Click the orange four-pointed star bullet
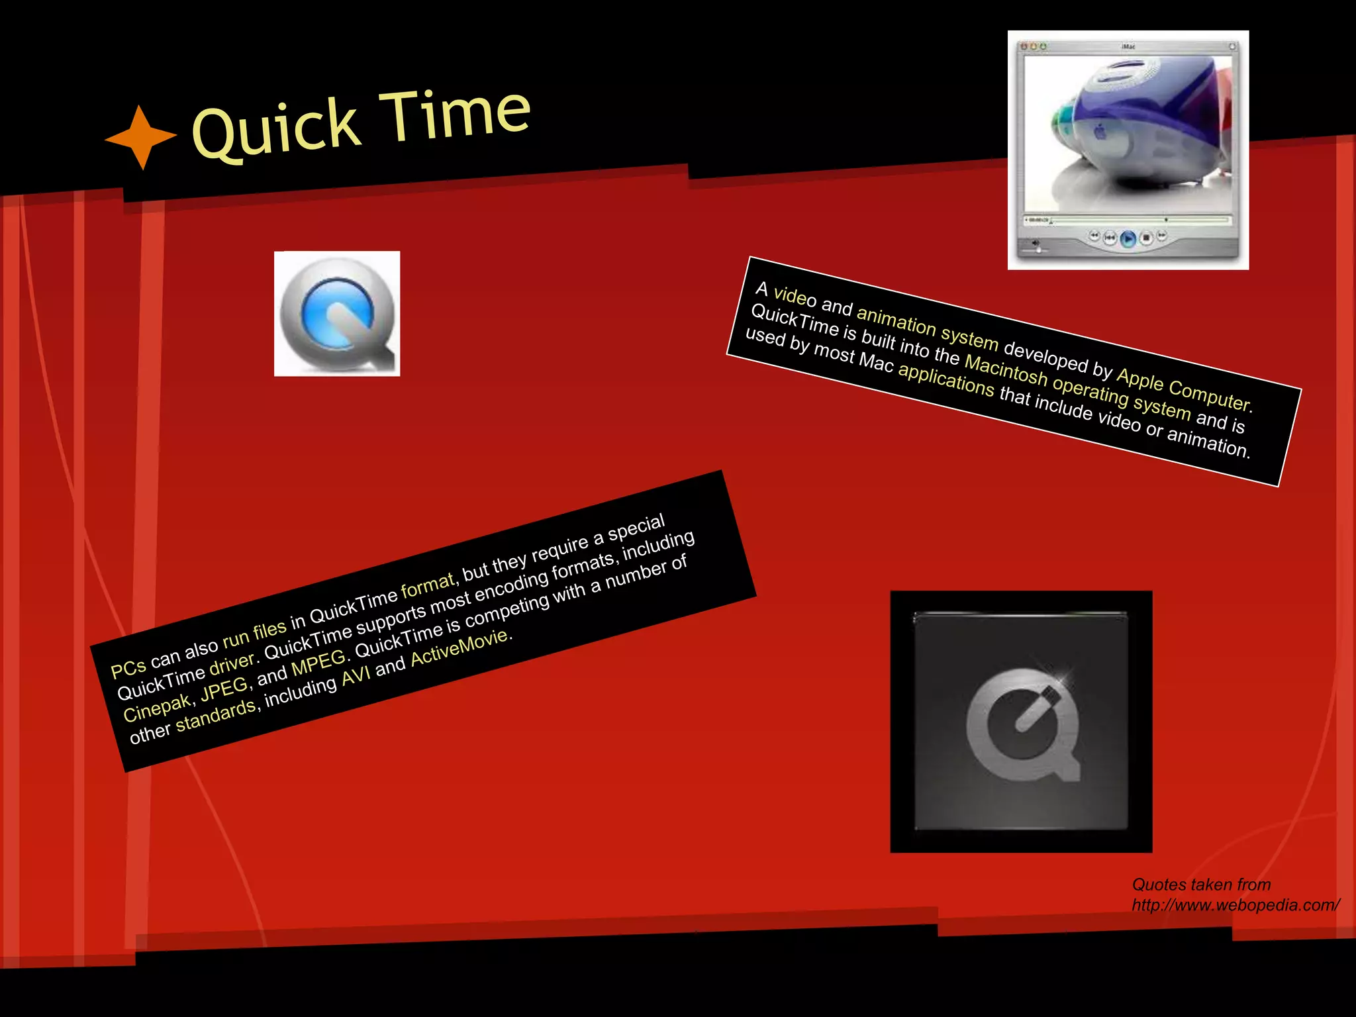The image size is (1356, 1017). pos(141,137)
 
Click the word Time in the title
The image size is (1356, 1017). pos(457,115)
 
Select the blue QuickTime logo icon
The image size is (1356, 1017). pos(337,314)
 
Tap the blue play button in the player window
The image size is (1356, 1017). pos(1128,238)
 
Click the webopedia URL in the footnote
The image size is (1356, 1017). pos(1235,905)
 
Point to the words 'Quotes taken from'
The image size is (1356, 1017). pos(1201,885)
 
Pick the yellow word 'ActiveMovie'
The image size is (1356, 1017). pos(460,648)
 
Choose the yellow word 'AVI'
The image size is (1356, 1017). pos(356,675)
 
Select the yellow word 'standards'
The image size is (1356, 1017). pos(216,715)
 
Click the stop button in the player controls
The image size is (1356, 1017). pos(1146,237)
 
